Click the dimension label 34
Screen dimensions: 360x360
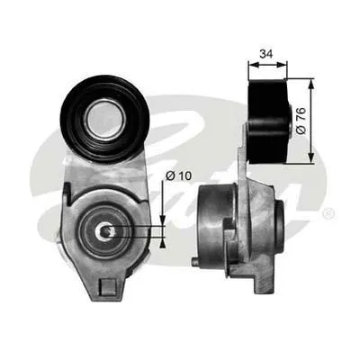(x=266, y=54)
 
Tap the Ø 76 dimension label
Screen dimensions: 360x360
(x=301, y=121)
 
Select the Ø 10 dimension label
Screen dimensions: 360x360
(x=178, y=175)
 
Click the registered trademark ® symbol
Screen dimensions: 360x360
(x=328, y=213)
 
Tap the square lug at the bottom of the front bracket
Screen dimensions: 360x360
(x=106, y=287)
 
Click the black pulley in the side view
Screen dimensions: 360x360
(x=267, y=121)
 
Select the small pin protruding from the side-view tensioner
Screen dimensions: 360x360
(x=195, y=262)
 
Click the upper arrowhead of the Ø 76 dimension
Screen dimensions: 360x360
(x=311, y=84)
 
